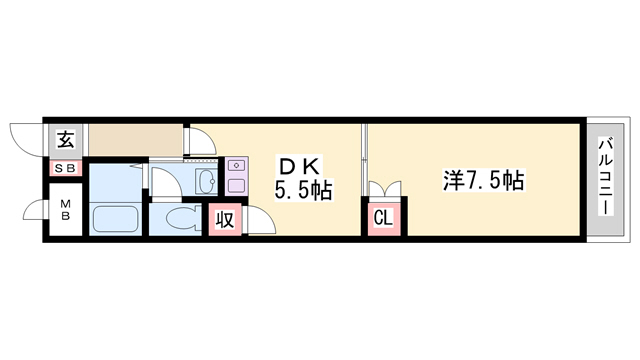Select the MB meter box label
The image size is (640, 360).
(65, 211)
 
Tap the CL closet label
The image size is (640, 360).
(385, 218)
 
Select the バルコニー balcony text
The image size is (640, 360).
(606, 180)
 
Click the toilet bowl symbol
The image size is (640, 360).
(180, 218)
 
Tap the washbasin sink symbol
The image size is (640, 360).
(204, 181)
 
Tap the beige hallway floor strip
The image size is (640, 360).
(135, 139)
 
